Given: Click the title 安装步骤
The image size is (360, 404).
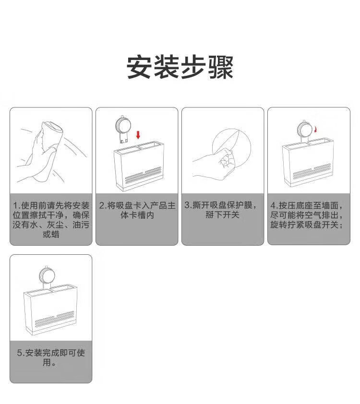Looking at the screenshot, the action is [180, 67].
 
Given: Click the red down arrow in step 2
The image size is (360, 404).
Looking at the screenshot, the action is [138, 134].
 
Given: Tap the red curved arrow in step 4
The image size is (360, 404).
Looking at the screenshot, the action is [315, 129].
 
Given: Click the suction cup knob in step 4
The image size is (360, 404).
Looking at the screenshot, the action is [304, 131].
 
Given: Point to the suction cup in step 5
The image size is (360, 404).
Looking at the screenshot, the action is [47, 277].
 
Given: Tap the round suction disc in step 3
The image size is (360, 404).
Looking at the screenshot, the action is [231, 148].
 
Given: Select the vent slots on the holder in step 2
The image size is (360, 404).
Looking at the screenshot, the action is [143, 175].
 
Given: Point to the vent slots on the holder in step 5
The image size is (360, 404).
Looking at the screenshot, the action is [54, 319].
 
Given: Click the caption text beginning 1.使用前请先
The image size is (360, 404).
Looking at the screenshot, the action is [51, 220].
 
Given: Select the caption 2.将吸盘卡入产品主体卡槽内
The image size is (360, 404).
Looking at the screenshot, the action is [137, 210].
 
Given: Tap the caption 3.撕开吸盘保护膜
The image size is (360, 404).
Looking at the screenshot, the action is [221, 210].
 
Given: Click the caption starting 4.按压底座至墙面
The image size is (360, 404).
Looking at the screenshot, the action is [307, 215].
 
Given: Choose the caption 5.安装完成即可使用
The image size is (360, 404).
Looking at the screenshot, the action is [51, 357].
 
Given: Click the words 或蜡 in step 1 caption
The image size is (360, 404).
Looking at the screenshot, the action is [51, 234].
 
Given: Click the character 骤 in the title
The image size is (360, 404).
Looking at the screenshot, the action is [221, 67].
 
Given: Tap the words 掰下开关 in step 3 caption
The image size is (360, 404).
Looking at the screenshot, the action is [223, 214].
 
